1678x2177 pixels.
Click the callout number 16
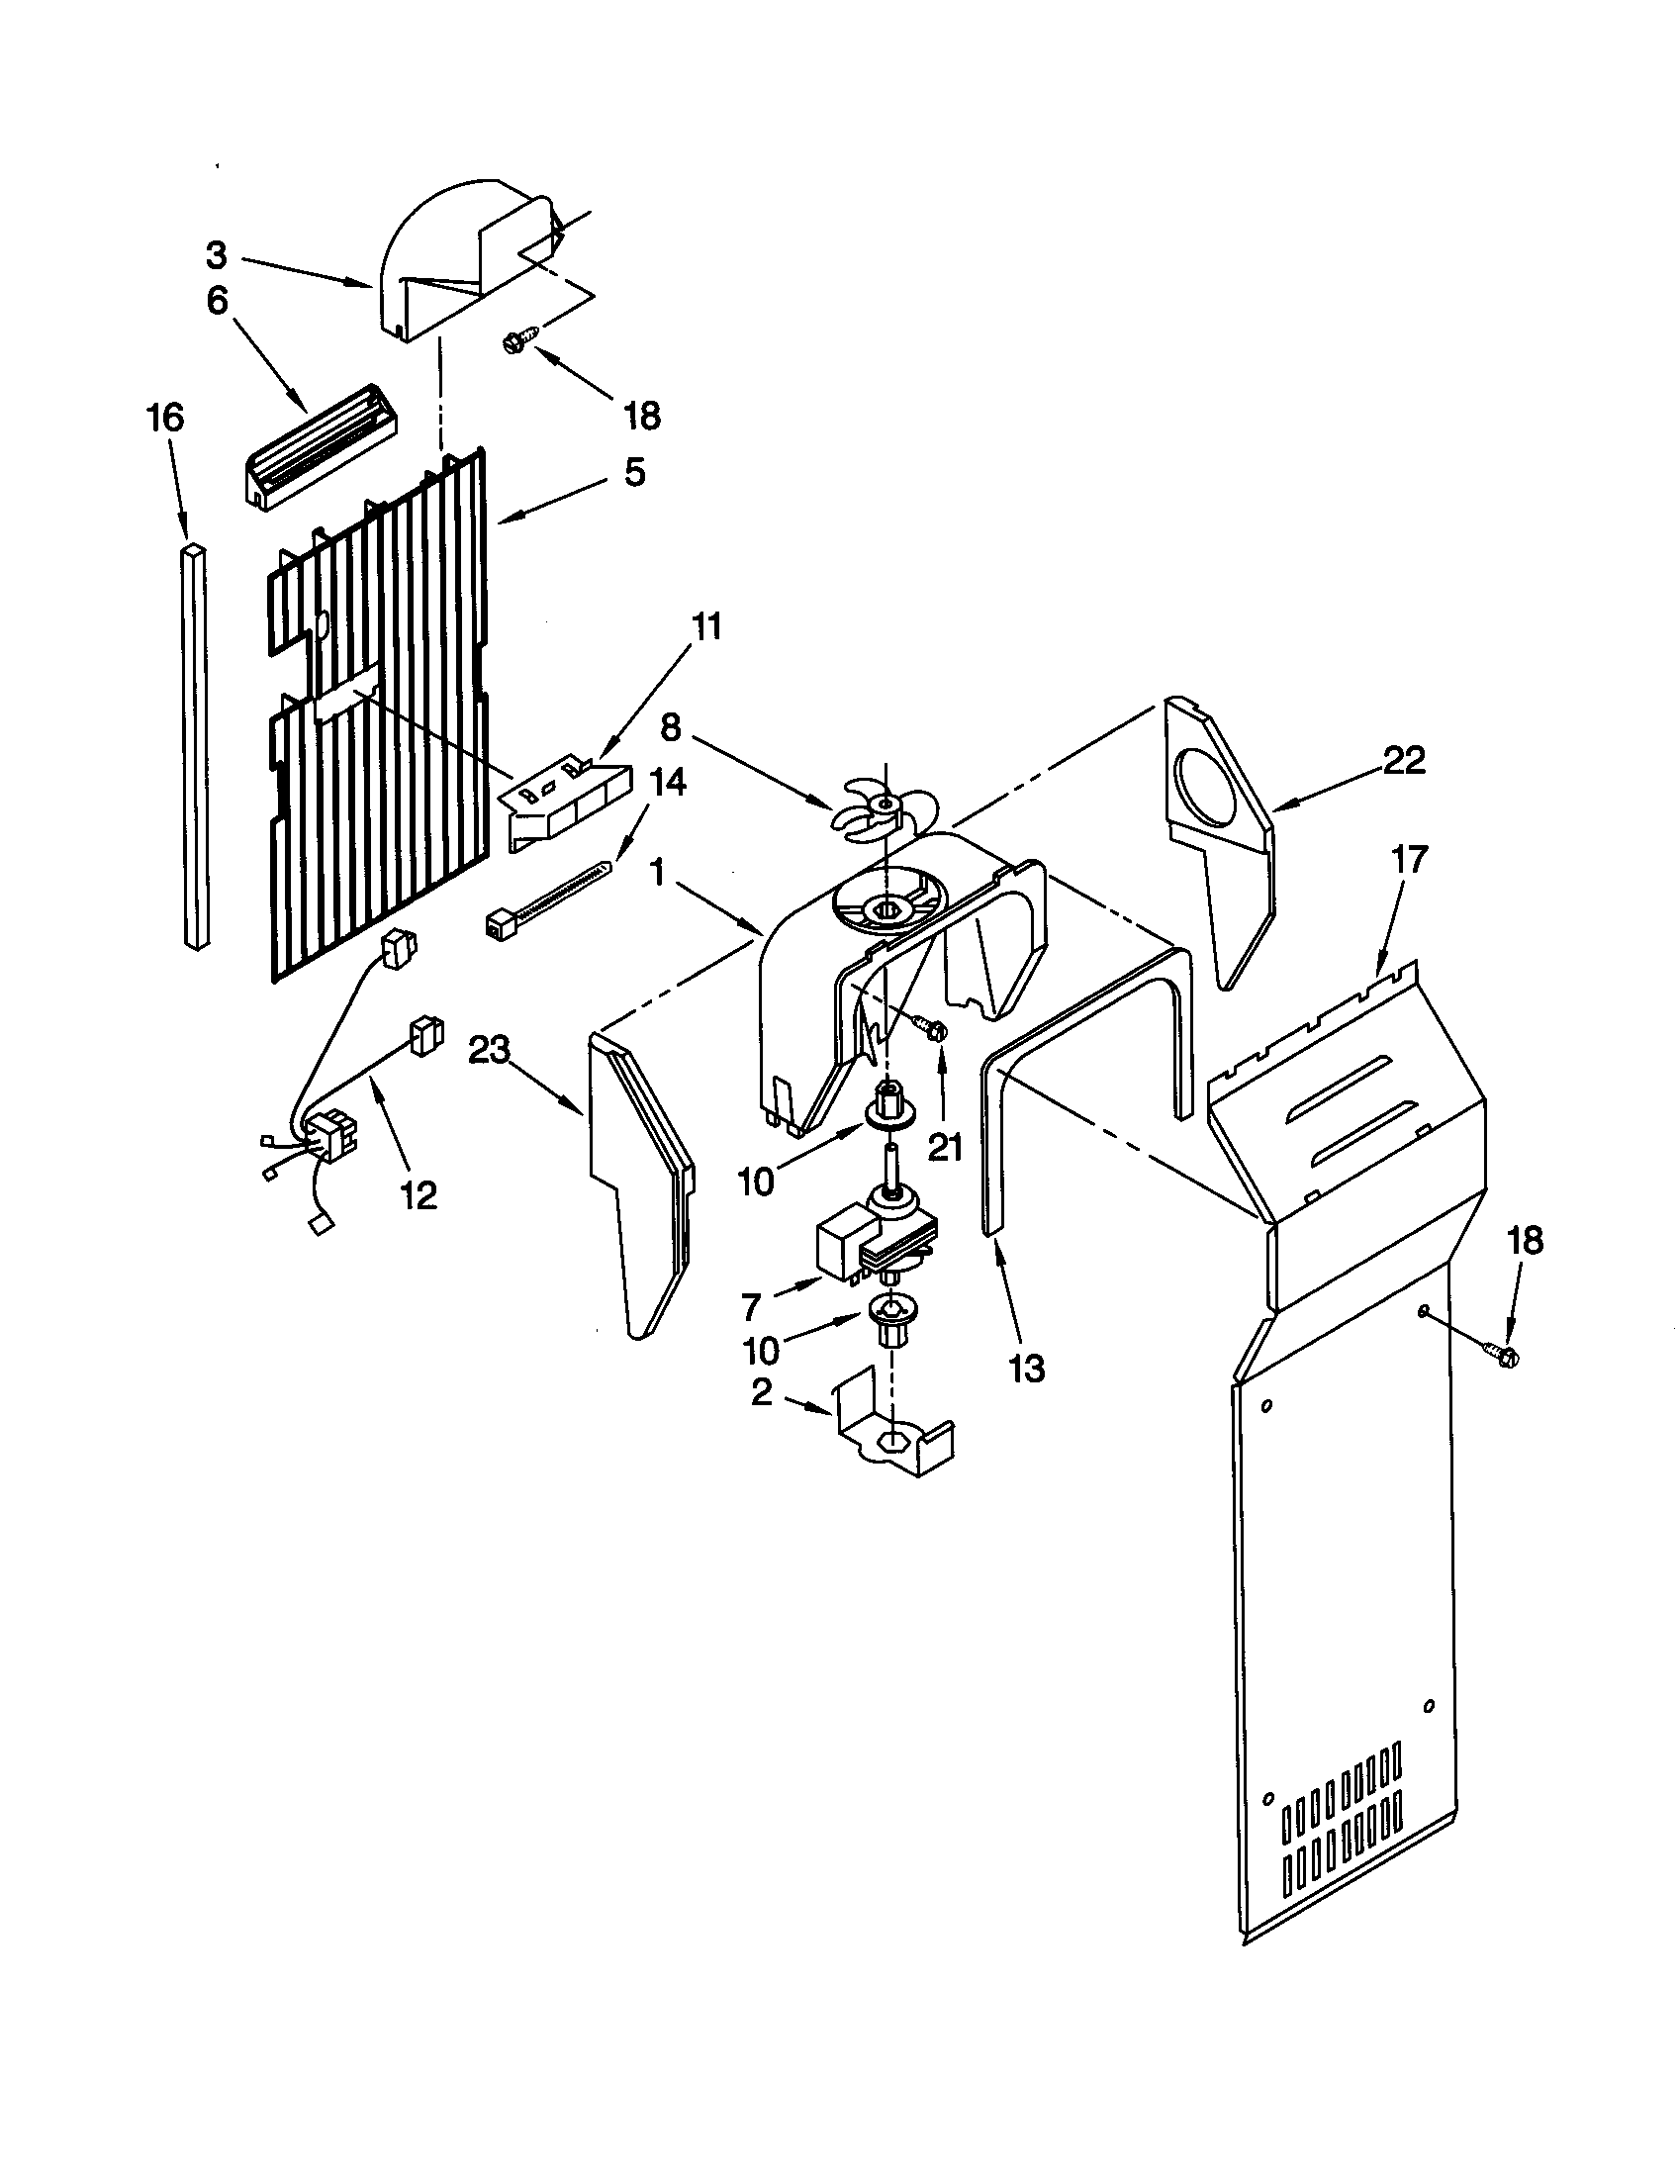click(x=165, y=418)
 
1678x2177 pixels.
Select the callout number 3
click(x=218, y=255)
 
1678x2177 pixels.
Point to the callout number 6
click(x=218, y=300)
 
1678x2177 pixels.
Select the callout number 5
click(x=634, y=471)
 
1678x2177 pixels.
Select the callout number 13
click(x=1026, y=1369)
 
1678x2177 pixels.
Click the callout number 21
click(x=944, y=1148)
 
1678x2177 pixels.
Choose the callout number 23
click(x=491, y=1050)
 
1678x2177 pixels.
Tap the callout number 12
click(x=419, y=1195)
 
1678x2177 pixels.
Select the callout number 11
click(x=706, y=628)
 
